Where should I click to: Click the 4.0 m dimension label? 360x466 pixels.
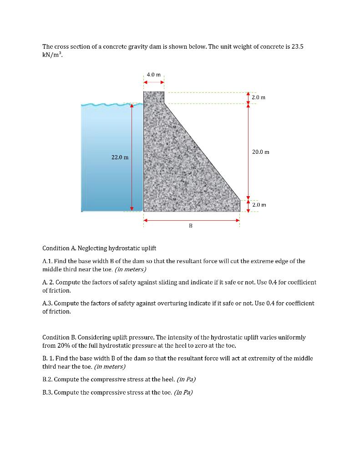[154, 74]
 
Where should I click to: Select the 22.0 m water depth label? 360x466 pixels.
[120, 157]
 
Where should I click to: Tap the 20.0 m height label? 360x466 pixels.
[260, 152]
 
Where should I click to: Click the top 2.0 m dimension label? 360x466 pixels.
[258, 97]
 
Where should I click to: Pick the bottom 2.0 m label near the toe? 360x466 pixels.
[259, 205]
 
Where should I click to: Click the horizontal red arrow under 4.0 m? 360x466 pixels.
[154, 82]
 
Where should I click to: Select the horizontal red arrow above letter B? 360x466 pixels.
[192, 220]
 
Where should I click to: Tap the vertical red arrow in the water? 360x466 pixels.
[132, 157]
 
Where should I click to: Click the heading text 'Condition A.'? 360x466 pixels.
[59, 248]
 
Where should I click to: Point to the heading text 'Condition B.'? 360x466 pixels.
[59, 337]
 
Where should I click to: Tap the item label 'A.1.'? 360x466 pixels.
[48, 261]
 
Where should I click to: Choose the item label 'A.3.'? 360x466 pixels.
[48, 303]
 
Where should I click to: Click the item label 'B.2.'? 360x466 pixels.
[47, 379]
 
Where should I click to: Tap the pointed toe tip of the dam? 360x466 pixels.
[240, 200]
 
